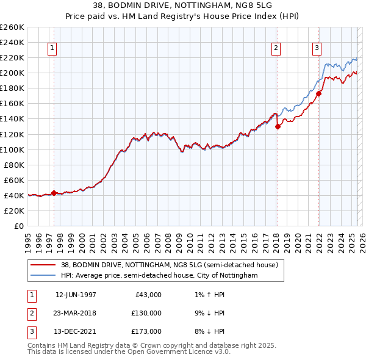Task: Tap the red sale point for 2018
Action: (x=278, y=126)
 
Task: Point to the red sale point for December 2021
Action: (x=319, y=93)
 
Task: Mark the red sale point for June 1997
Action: (x=54, y=193)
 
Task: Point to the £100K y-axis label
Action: (x=12, y=149)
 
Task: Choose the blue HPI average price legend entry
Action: (x=159, y=276)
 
